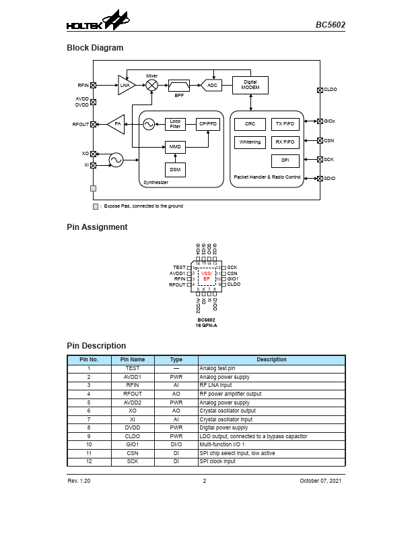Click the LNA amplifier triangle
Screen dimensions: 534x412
[x=126, y=85]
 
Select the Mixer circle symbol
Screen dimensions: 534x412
[x=152, y=85]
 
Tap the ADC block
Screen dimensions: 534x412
[x=212, y=85]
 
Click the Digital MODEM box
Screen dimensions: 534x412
[x=250, y=85]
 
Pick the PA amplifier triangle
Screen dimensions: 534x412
[x=116, y=124]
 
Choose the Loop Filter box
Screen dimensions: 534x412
[x=175, y=124]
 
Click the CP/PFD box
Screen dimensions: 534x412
[x=207, y=124]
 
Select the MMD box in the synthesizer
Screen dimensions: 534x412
[x=175, y=147]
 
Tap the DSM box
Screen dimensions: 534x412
[x=175, y=170]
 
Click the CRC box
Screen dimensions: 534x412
[x=250, y=124]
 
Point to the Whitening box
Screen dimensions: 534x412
[x=250, y=142]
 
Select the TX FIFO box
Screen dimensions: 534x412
[x=285, y=124]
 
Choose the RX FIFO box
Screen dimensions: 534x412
[x=285, y=142]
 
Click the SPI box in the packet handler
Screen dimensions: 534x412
[x=285, y=160]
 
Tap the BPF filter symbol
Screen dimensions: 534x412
[x=179, y=85]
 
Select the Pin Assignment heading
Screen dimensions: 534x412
[x=97, y=227]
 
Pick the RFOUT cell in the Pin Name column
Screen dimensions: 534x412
[x=133, y=394]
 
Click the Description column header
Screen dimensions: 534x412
[x=271, y=360]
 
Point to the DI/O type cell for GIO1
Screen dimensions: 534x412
[x=176, y=445]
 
